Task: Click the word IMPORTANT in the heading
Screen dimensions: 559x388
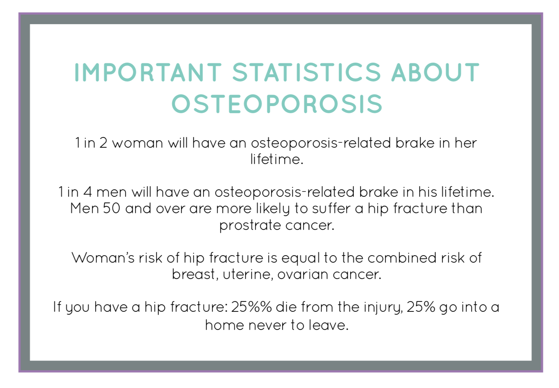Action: (x=148, y=72)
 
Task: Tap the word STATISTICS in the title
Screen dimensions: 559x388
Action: (x=307, y=72)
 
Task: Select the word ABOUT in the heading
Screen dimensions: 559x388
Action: (x=435, y=72)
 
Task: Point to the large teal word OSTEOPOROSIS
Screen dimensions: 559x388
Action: (x=277, y=104)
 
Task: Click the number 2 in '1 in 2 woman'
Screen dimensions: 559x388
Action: (x=103, y=143)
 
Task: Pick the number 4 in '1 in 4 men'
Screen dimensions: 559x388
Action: (x=87, y=192)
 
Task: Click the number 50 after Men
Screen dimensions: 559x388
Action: (x=111, y=208)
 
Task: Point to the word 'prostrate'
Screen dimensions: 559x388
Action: (x=250, y=226)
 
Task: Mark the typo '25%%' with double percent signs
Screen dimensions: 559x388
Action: (x=251, y=307)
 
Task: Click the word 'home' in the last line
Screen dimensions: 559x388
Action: (x=224, y=325)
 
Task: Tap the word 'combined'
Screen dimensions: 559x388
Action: (x=402, y=257)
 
